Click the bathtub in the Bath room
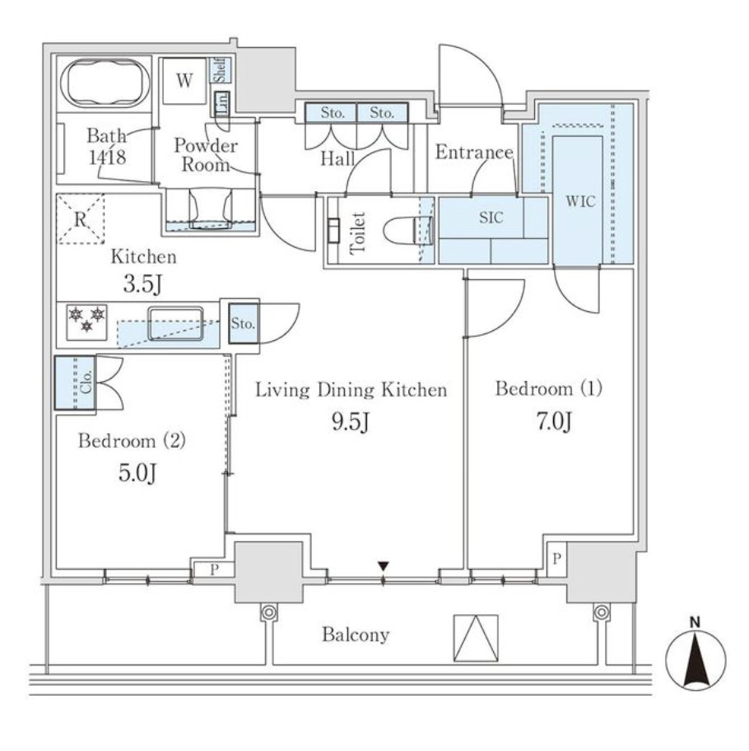coord(105,84)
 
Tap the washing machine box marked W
coord(184,81)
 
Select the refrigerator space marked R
coord(81,219)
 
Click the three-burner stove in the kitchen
coord(86,322)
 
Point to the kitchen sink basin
coord(175,324)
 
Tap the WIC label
coord(580,201)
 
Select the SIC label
coord(491,218)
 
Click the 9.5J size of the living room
coord(351,422)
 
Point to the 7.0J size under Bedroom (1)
coord(554,422)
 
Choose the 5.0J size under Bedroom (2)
coord(137,473)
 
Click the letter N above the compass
coord(695,623)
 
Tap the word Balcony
coord(356,635)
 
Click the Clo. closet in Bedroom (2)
coord(75,383)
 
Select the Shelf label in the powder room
coord(221,69)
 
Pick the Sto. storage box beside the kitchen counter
coord(243,324)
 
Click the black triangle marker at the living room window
coord(383,566)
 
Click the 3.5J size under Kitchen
coord(142,284)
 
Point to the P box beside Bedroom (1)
coord(556,559)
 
